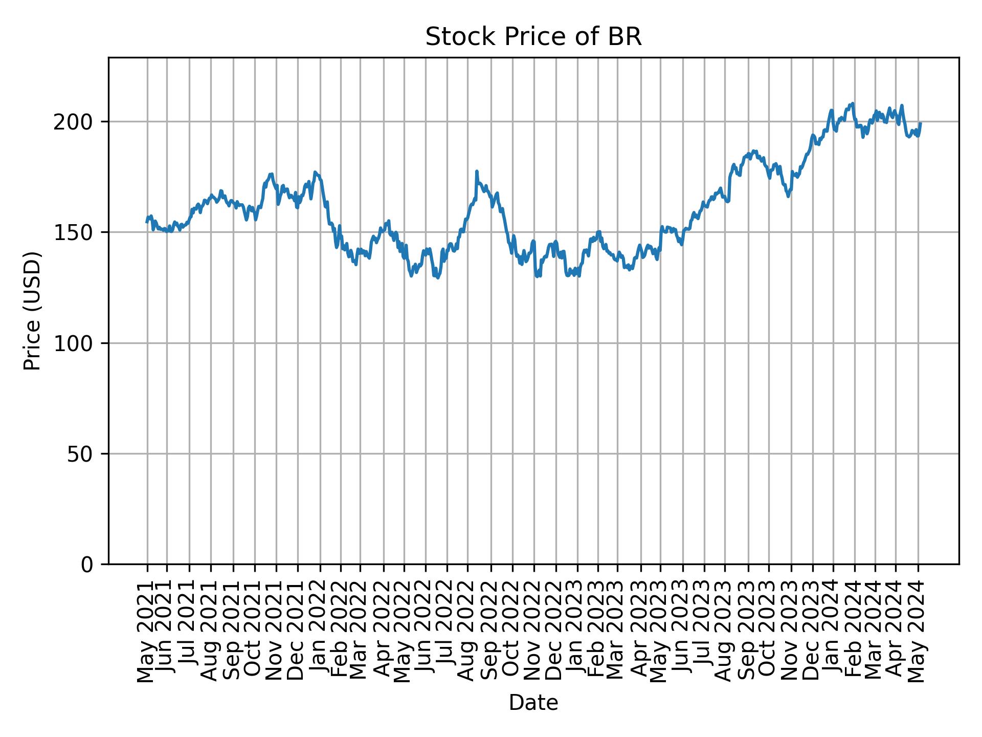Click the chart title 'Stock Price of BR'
[533, 37]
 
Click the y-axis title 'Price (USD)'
[32, 311]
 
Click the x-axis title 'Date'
[533, 703]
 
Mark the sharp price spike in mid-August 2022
[477, 171]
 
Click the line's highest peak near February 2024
[853, 103]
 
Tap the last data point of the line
[921, 123]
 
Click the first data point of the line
[147, 222]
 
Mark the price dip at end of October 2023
[789, 196]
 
